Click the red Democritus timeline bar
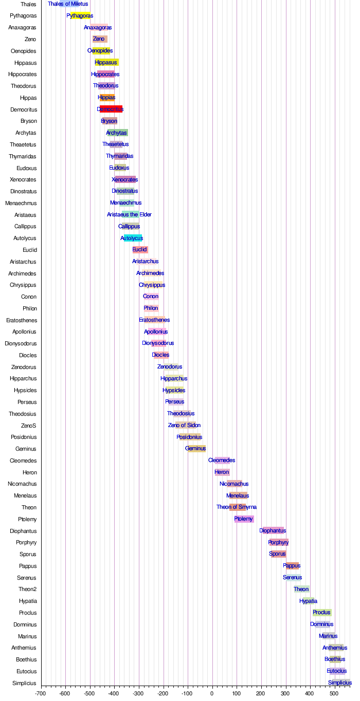pos(111,109)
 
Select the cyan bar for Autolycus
pos(133,238)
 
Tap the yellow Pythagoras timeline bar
pos(80,15)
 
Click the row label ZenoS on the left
pos(28,426)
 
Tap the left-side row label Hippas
pos(28,98)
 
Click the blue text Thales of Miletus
pos(68,4)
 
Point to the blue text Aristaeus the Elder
pos(129,214)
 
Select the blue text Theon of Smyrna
pos(237,507)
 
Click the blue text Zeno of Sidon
pos(184,426)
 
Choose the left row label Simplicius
pos(25,683)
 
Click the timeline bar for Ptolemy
pos(244,519)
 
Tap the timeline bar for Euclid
pos(140,250)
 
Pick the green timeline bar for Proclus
pos(322,613)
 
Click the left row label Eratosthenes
pos(22,320)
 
